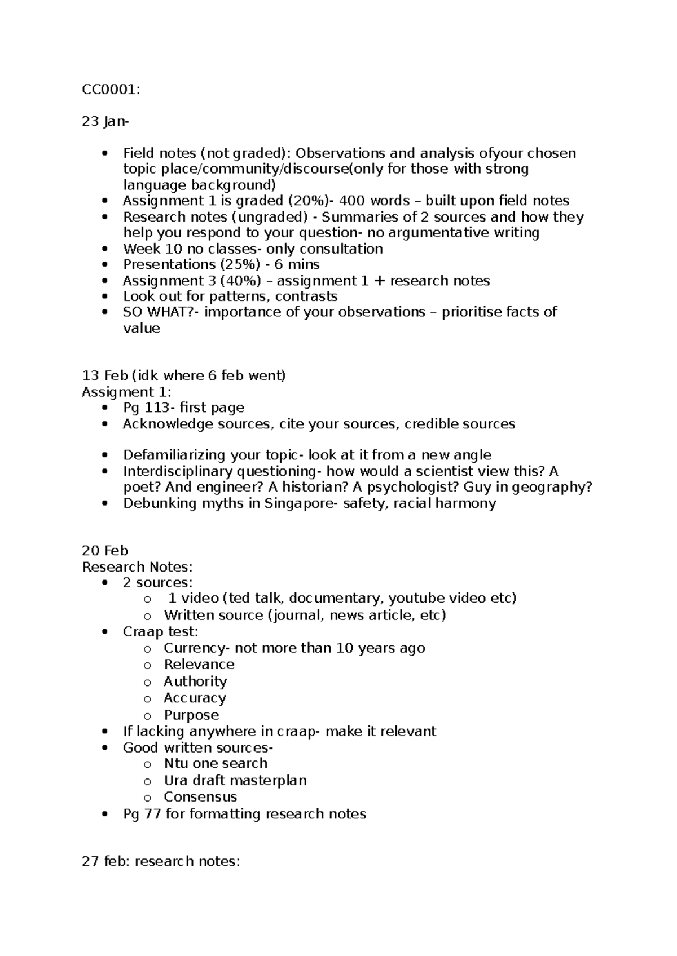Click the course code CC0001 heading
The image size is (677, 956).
pos(109,89)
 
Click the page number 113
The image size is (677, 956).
pos(156,408)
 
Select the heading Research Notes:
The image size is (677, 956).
pos(137,566)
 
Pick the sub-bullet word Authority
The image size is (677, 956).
pos(195,681)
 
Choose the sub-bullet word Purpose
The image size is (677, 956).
pos(191,715)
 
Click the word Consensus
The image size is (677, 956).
pos(200,797)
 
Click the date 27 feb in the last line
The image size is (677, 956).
pos(104,861)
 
